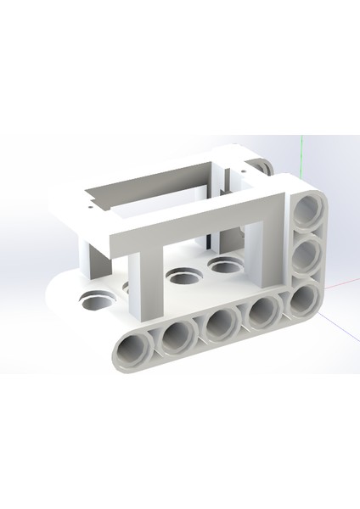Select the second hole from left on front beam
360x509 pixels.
tap(177, 336)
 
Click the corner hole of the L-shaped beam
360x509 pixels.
tap(301, 298)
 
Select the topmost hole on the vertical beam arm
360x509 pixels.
tap(307, 213)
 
